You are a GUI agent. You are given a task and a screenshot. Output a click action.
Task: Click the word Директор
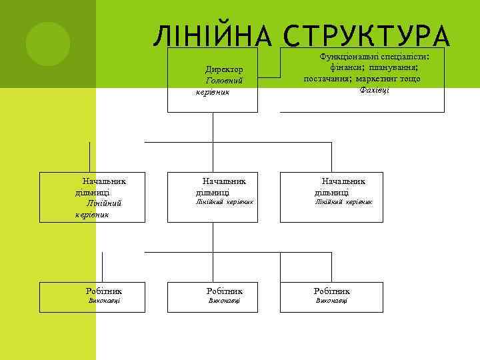(224, 69)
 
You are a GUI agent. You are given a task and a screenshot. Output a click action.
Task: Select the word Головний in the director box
(224, 81)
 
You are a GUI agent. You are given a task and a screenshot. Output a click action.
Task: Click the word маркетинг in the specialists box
(379, 79)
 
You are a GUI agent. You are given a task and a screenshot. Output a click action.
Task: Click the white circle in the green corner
(47, 43)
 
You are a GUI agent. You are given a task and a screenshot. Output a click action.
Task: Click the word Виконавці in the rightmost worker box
(331, 301)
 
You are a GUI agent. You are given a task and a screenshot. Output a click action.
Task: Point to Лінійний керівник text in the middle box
(224, 201)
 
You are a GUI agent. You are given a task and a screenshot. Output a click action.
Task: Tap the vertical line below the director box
(213, 127)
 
